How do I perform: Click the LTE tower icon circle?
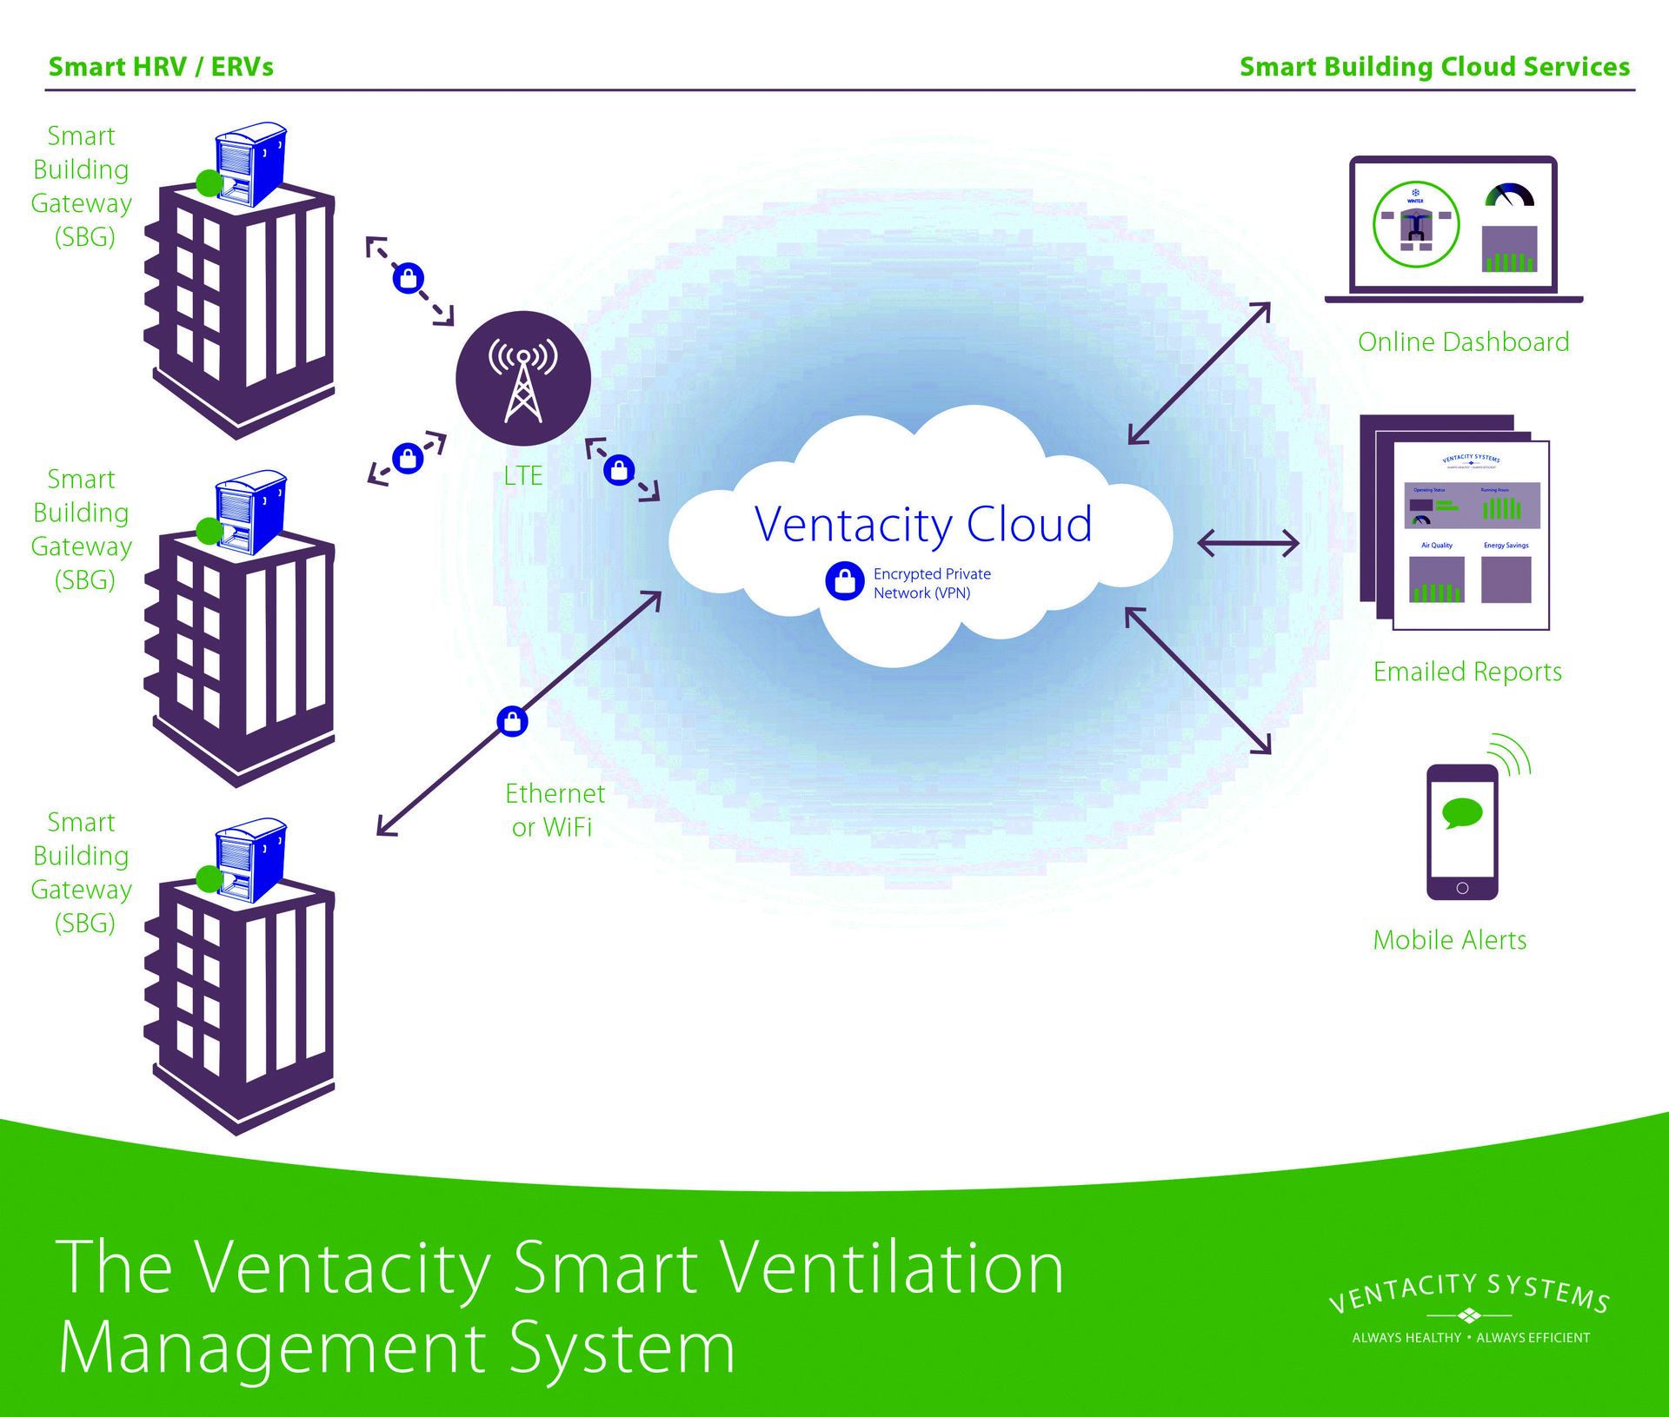click(x=523, y=379)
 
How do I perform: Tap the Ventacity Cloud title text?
click(x=922, y=525)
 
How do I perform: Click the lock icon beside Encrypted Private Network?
click(x=844, y=581)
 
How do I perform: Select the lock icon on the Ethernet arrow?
click(x=512, y=721)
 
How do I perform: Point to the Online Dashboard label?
click(x=1463, y=342)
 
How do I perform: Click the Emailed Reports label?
click(x=1467, y=672)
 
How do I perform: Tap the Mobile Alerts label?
click(x=1449, y=940)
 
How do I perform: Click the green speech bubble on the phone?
click(x=1462, y=813)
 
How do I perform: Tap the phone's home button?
click(x=1462, y=888)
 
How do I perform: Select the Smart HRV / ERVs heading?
click(x=161, y=67)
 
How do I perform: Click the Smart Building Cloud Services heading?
click(x=1434, y=67)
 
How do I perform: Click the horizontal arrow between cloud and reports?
click(x=1248, y=544)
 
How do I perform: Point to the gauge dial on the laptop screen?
click(x=1510, y=195)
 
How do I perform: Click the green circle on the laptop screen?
click(x=1416, y=224)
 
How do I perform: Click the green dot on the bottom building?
click(x=209, y=878)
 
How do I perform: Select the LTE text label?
click(x=523, y=476)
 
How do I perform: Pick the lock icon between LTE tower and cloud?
click(x=619, y=470)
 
